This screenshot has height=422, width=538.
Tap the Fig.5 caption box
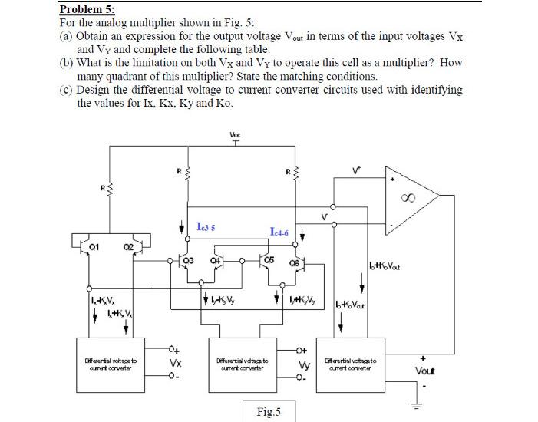[268, 412]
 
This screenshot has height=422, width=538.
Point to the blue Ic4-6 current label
[281, 231]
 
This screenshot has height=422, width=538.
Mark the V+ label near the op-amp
[355, 172]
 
